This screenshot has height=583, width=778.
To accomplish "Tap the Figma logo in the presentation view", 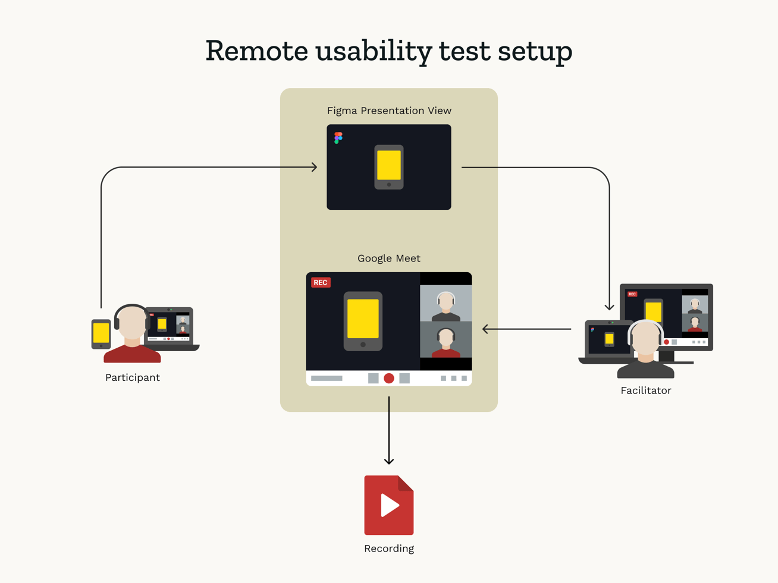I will (x=338, y=138).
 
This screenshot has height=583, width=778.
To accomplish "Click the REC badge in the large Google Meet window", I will (x=321, y=282).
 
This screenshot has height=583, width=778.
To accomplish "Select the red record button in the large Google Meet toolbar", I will (x=389, y=379).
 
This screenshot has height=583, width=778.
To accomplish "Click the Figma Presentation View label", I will (x=389, y=111).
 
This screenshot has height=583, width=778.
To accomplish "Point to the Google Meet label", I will (x=389, y=259).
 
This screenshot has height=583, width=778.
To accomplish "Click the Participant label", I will (x=132, y=377).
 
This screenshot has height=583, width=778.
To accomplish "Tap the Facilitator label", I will (x=645, y=390).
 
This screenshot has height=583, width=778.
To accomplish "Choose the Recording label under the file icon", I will (x=389, y=549).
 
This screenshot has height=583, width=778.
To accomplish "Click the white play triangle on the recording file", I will (x=390, y=505).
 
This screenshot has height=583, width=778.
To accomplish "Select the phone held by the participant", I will (x=101, y=333).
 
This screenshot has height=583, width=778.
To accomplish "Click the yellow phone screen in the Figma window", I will (x=389, y=165).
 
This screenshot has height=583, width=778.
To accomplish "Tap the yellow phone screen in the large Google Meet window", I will (x=363, y=319).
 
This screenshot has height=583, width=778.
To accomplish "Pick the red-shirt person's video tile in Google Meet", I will (x=446, y=340).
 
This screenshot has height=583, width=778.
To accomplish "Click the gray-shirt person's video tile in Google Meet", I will (x=446, y=303).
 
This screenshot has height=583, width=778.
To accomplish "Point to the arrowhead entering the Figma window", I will (x=315, y=167).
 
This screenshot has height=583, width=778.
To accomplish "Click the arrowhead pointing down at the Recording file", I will (x=389, y=461).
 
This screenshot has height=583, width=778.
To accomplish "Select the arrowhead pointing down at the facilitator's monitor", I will (x=609, y=307).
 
